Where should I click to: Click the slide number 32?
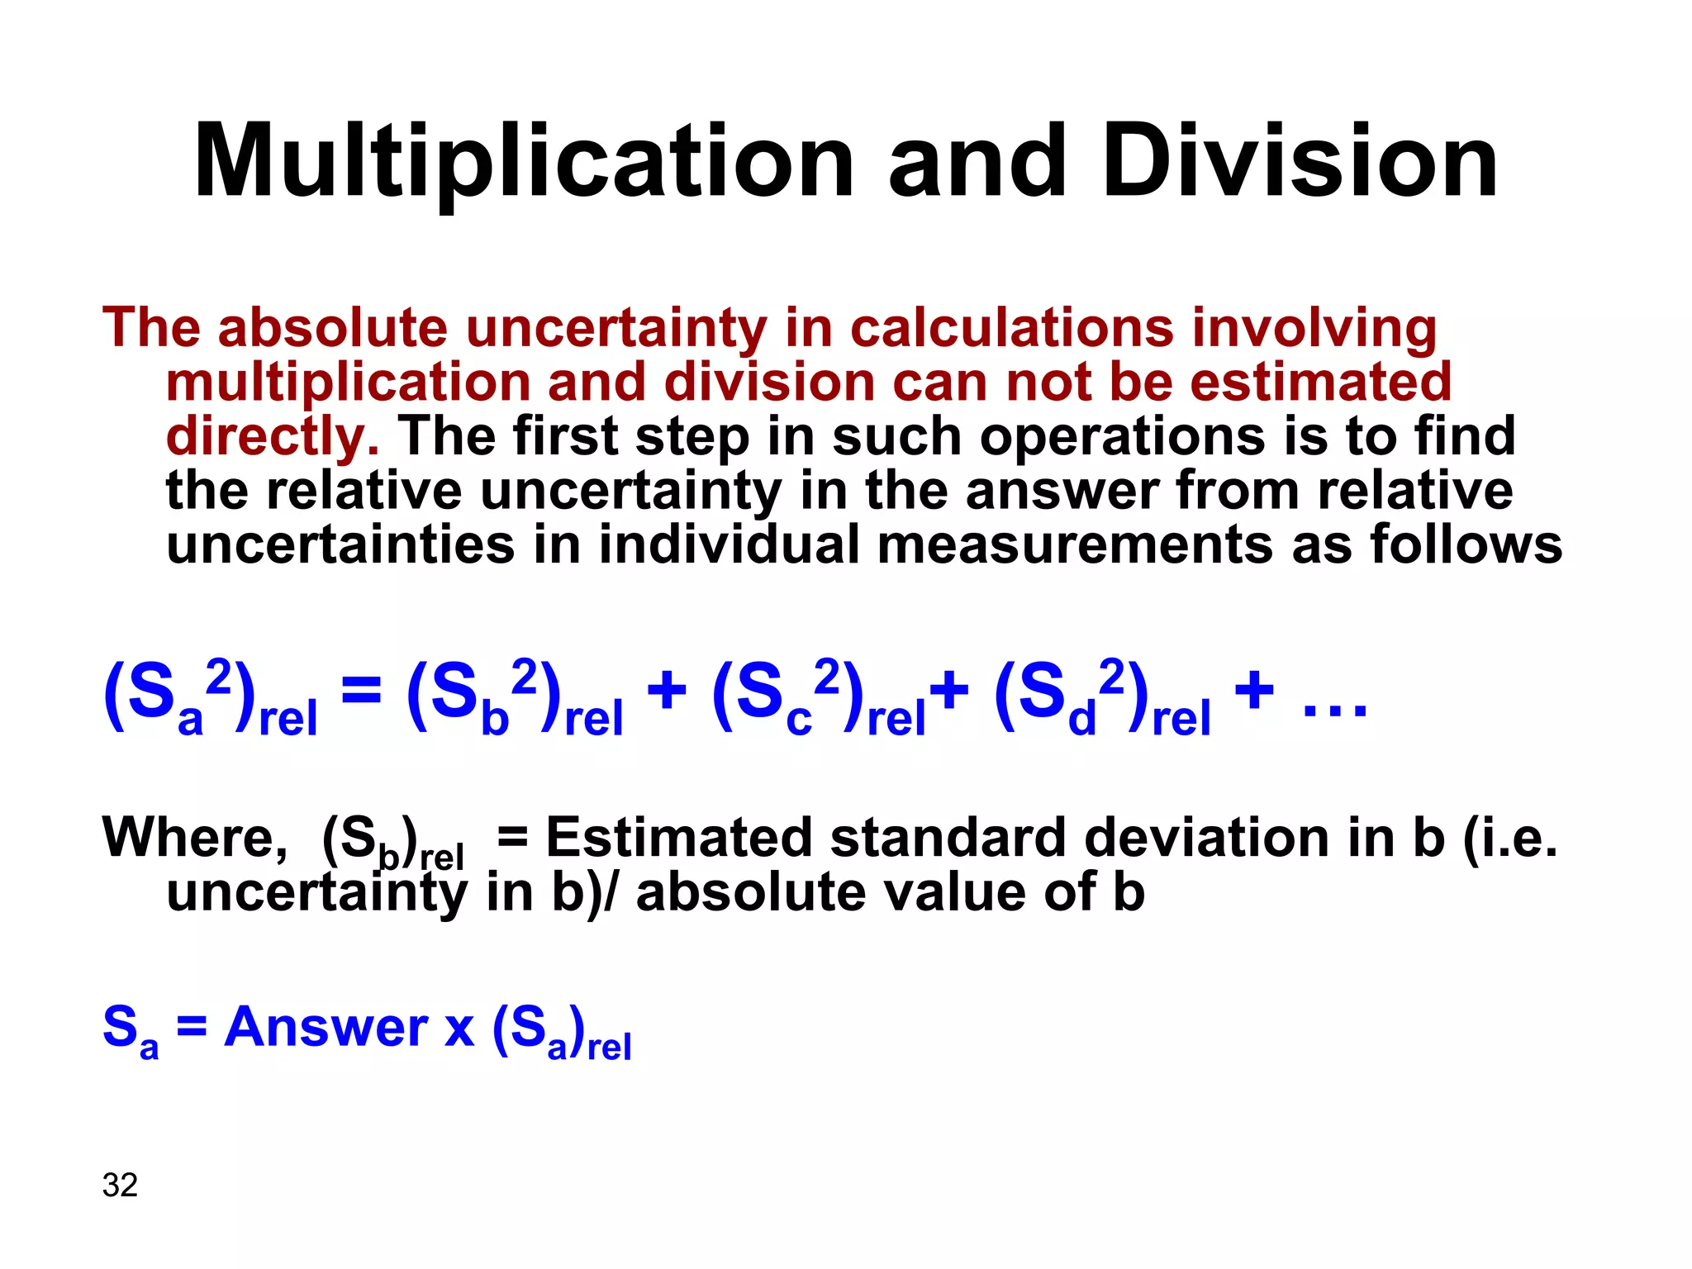[x=120, y=1186]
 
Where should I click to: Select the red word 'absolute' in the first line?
[x=332, y=328]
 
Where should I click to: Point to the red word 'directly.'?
[x=273, y=436]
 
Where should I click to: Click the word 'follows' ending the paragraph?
[x=1466, y=545]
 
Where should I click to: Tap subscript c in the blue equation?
[x=799, y=720]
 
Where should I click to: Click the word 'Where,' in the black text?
[x=195, y=838]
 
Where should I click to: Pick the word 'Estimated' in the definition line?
[x=679, y=838]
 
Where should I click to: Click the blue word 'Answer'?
[x=326, y=1027]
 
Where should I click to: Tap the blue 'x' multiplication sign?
[x=459, y=1029]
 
